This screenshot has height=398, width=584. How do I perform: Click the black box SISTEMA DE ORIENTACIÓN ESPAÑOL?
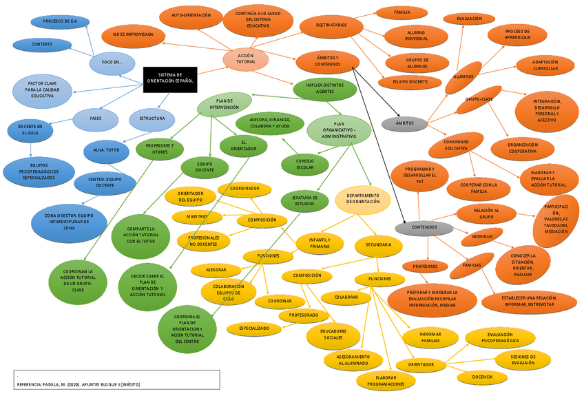pos(170,78)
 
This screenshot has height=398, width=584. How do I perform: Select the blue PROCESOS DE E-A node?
pos(60,21)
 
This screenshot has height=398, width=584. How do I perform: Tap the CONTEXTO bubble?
pos(42,44)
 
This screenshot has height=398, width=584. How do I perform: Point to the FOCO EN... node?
pos(112,63)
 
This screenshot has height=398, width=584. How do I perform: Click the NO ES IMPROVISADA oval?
pos(138,34)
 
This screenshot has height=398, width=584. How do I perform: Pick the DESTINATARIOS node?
pos(331,25)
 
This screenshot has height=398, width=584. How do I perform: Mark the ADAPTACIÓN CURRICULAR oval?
pos(545,65)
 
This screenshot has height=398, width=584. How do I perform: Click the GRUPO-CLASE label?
pos(479,99)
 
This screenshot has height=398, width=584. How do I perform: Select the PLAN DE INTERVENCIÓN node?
pos(225,105)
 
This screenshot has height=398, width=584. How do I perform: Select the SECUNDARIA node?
pos(378,244)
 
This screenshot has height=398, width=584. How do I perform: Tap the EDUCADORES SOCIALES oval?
pos(333,335)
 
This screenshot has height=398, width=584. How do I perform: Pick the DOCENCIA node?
pos(483,377)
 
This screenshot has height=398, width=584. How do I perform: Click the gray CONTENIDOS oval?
pos(424,227)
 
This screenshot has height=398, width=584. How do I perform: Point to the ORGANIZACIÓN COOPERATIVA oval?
pos(523,148)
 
